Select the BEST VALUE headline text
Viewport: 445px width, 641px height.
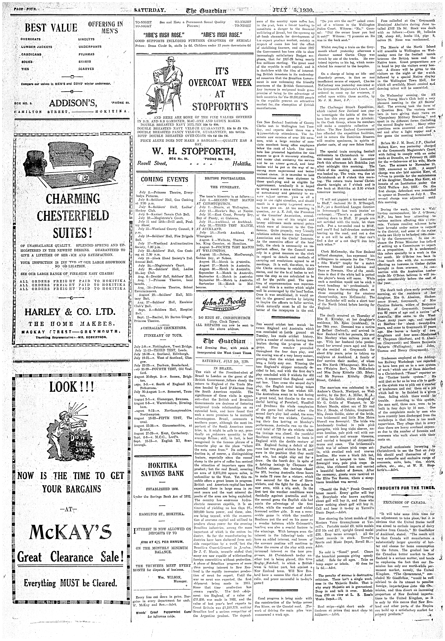[x=51, y=28]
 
